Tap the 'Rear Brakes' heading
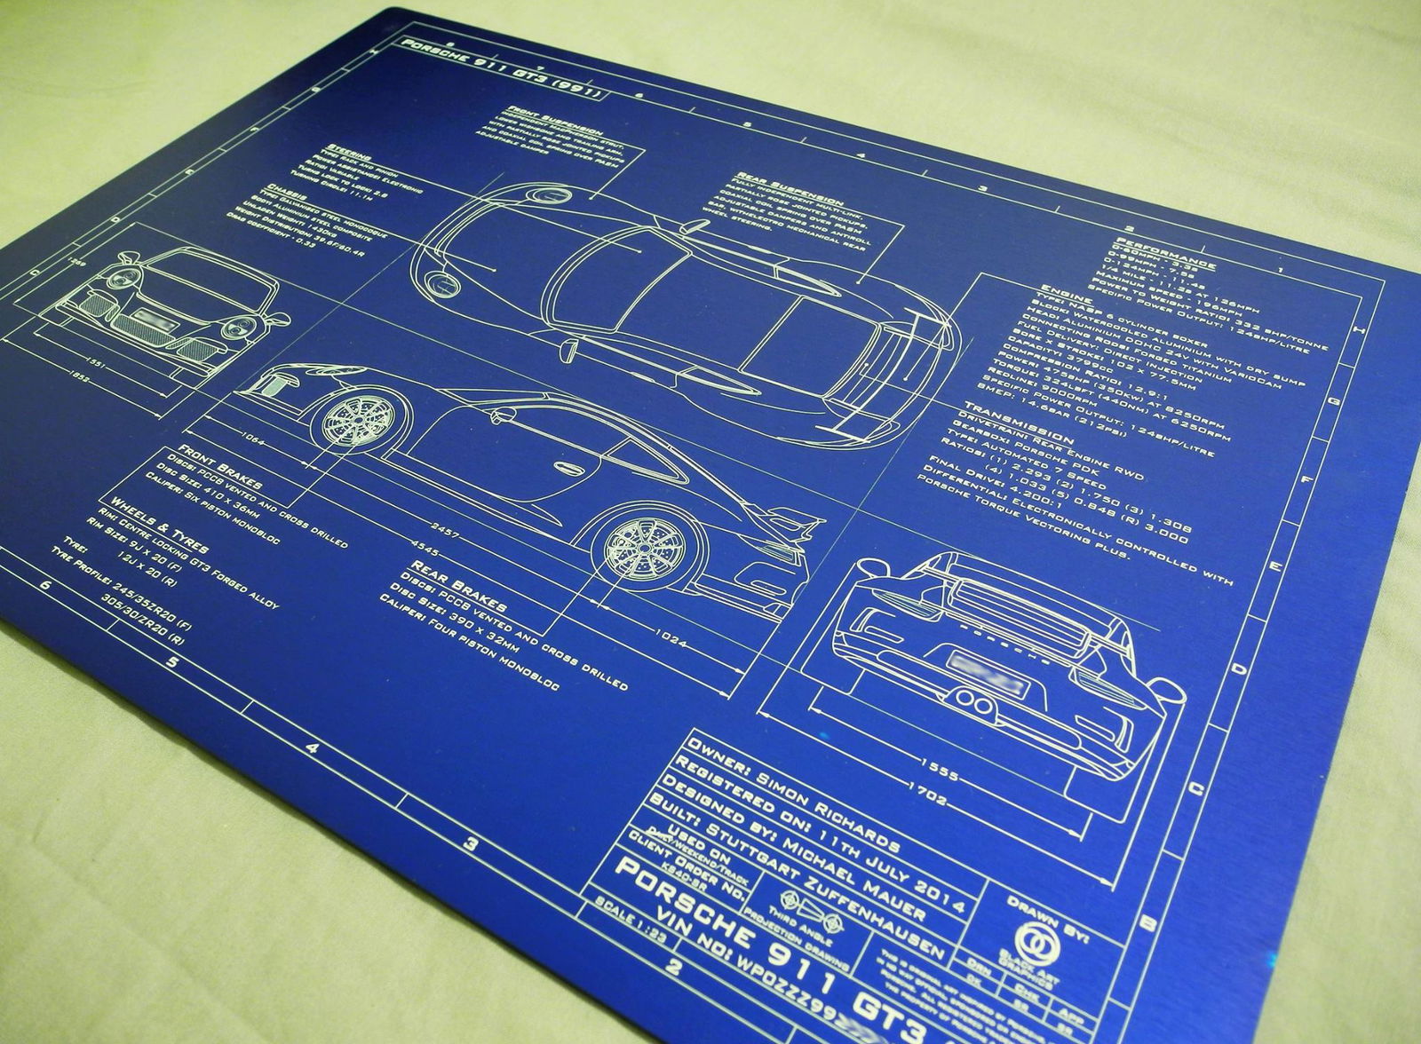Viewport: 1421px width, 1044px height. (x=458, y=585)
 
